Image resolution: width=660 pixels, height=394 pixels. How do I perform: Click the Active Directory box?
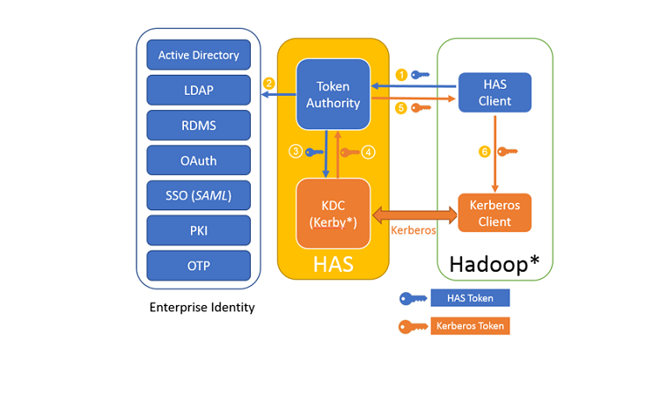tap(199, 55)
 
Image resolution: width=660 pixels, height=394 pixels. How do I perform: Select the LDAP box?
tap(199, 90)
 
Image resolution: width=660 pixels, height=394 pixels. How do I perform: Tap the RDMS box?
tap(199, 126)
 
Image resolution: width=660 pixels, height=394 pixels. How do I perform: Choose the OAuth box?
tap(199, 161)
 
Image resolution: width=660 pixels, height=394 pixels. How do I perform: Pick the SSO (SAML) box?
tap(199, 194)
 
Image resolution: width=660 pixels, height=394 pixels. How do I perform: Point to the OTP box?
tap(199, 265)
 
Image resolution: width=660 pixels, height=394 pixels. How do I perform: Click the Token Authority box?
tap(333, 94)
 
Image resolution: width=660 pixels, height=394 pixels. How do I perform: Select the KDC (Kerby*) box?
tap(333, 214)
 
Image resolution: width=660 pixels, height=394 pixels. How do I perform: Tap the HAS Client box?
tap(495, 92)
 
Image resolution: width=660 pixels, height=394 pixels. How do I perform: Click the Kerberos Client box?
tap(495, 214)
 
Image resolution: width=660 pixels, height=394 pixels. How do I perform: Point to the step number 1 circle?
tap(401, 75)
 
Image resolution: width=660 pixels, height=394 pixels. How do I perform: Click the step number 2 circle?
tap(268, 84)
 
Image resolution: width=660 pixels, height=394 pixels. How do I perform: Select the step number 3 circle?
tap(297, 151)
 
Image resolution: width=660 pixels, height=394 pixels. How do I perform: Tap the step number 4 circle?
tap(369, 152)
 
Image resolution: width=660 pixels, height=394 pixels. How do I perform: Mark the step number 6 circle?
tap(484, 152)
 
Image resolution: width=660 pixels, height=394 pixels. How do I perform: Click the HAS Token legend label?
tap(470, 298)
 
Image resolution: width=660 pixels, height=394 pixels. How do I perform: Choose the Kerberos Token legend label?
tap(470, 325)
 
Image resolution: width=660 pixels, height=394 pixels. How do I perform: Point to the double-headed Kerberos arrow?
tap(415, 214)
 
